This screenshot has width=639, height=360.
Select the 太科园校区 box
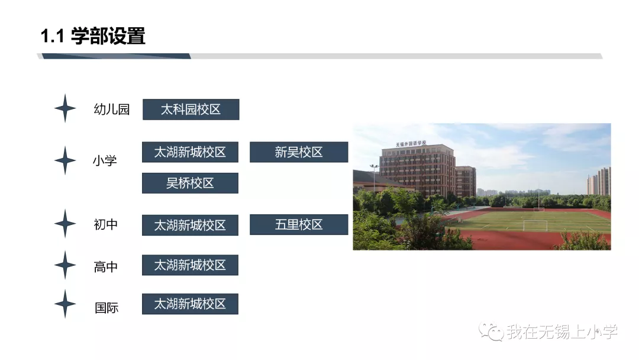191,110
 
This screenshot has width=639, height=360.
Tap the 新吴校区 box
299,152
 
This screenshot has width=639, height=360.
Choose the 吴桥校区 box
190,183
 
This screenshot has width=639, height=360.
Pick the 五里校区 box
299,224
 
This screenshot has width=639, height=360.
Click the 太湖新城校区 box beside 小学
190,152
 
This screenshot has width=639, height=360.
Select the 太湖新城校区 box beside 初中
190,225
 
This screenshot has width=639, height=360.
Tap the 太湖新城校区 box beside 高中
190,265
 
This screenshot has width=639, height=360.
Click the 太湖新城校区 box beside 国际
190,304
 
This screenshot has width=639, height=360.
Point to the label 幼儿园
111,110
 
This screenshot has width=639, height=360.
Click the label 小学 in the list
105,160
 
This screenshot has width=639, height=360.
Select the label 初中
106,224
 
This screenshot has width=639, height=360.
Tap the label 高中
106,267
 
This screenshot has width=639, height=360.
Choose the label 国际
106,308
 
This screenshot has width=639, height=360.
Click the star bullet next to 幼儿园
65,108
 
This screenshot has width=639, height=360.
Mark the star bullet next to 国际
65,304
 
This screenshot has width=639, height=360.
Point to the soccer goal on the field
535,225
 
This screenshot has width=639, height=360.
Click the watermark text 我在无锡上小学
561,332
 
